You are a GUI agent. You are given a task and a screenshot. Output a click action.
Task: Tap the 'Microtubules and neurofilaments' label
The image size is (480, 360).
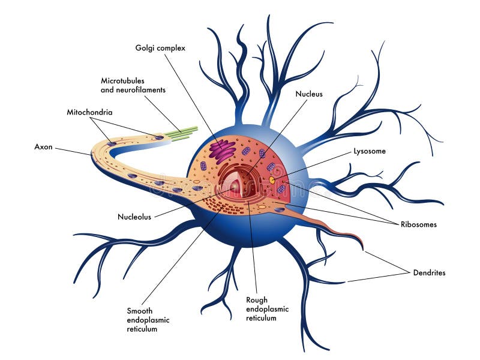133,85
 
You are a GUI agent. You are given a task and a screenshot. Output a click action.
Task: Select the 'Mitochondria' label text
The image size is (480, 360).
89,112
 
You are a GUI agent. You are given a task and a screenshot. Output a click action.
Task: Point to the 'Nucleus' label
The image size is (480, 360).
309,94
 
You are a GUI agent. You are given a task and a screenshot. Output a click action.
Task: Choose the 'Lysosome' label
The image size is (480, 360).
369,151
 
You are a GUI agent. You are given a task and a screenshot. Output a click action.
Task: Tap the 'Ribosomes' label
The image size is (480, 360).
418,224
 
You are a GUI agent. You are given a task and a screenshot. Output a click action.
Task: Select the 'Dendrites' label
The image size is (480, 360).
429,272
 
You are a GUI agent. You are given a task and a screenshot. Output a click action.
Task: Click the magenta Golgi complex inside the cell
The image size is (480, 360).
221,151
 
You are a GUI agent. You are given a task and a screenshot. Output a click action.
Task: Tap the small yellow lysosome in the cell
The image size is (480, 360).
272,179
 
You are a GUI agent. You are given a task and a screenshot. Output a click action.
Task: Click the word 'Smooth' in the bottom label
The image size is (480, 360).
140,311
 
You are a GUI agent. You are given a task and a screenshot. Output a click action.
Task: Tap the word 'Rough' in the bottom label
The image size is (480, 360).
257,300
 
